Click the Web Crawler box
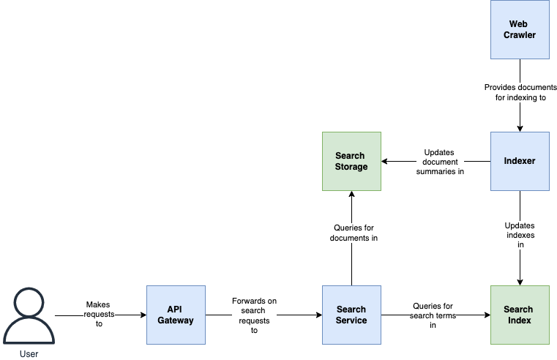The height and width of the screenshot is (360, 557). [520, 29]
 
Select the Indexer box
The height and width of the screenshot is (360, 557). [520, 161]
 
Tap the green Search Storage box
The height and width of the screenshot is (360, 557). [351, 161]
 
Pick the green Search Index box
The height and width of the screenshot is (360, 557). [520, 315]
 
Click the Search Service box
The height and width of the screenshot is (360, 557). [351, 315]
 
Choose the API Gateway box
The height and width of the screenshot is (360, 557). [176, 315]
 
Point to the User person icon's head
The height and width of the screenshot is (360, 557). [29, 302]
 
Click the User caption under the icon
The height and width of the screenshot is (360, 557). [29, 354]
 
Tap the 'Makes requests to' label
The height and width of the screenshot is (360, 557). [99, 314]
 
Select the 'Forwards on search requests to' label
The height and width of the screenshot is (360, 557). [254, 315]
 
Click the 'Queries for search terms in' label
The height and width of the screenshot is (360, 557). [433, 315]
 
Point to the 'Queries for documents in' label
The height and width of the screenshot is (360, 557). [354, 233]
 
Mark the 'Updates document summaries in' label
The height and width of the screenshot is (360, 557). [440, 162]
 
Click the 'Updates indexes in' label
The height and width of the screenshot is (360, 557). [520, 235]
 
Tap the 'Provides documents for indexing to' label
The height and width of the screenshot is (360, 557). [520, 92]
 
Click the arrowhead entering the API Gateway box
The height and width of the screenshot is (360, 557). [143, 315]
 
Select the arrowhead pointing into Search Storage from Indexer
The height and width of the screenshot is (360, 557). [384, 161]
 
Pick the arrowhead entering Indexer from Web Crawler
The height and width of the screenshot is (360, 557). [520, 129]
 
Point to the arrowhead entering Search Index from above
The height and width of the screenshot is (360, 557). [520, 282]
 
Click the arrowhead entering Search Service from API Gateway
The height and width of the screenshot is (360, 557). [319, 315]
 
